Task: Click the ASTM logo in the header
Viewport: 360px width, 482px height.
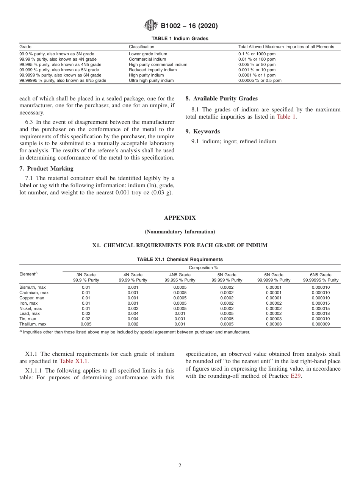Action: pos(151,25)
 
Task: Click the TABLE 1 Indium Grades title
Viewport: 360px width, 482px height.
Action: pos(180,39)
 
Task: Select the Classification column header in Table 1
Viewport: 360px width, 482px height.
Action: pos(142,47)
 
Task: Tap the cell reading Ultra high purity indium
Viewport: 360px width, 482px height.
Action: pos(151,80)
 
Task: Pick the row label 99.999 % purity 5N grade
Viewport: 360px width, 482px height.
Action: pos(59,70)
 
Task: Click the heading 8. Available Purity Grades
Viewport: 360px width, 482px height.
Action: pos(221,99)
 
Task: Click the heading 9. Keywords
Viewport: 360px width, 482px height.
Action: pos(202,131)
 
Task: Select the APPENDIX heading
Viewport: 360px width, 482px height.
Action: pos(180,218)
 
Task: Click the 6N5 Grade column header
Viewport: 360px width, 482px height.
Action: pos(321,275)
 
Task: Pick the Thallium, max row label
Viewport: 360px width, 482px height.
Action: pos(33,324)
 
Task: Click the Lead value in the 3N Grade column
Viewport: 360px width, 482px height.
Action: pos(86,313)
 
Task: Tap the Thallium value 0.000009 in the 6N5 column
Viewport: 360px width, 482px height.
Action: pos(321,324)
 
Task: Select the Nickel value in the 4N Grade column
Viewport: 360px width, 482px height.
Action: pos(133,308)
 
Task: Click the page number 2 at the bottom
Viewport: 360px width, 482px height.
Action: pos(180,466)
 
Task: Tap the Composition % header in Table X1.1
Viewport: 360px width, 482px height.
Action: pos(203,268)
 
